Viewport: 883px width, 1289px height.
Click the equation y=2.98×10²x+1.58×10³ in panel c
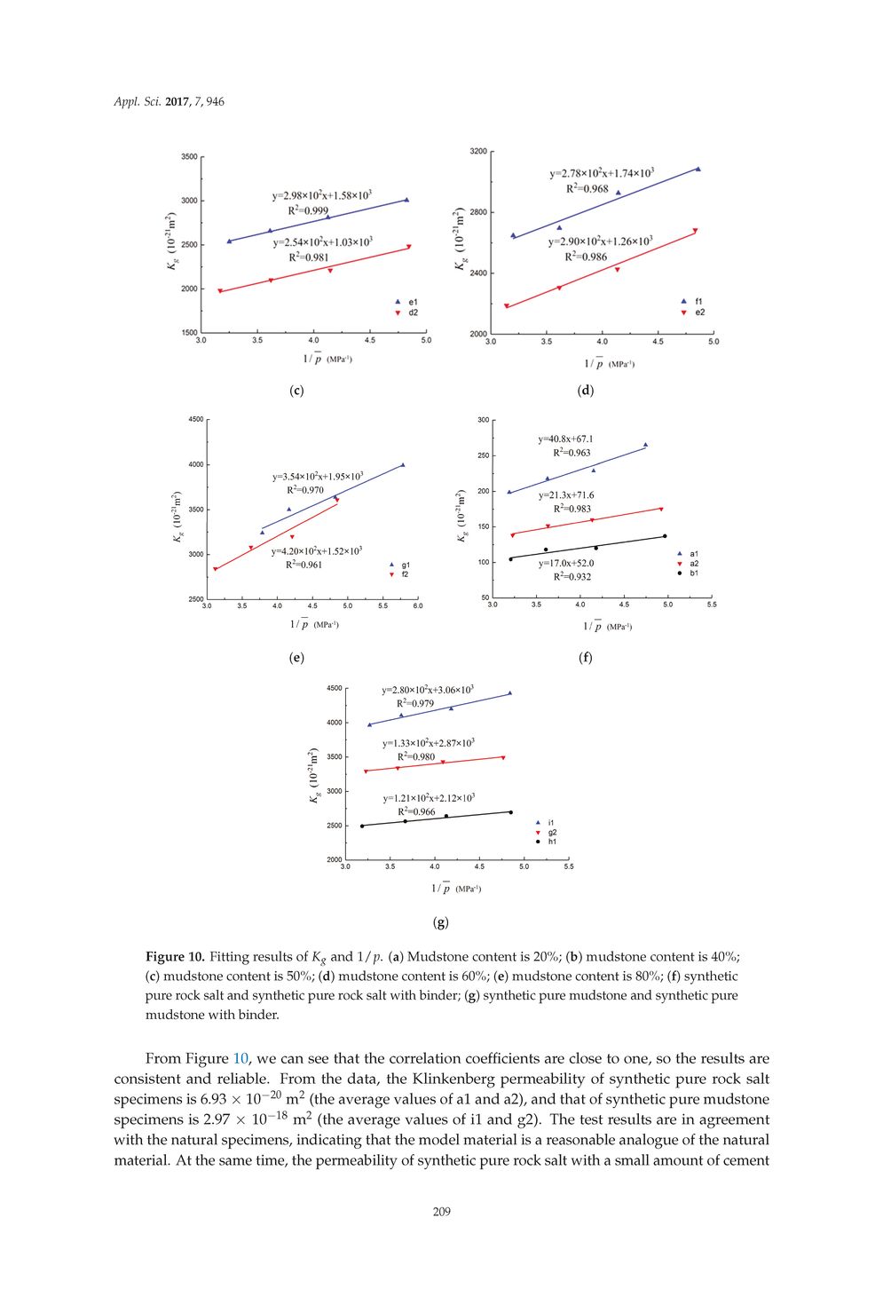click(321, 195)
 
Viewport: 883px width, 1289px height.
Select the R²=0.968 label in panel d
click(587, 188)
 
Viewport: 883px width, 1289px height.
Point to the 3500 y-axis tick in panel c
click(189, 157)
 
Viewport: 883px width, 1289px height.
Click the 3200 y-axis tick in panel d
click(478, 152)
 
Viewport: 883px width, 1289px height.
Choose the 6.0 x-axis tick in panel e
click(417, 606)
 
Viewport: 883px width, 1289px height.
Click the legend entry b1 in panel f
click(693, 573)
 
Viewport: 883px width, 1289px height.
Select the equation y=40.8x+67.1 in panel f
click(565, 439)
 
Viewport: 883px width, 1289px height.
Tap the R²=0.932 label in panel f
click(572, 577)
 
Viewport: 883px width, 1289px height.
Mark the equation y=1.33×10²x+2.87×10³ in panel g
click(428, 743)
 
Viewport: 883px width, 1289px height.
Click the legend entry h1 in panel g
click(551, 842)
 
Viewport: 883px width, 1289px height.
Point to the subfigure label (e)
click(296, 658)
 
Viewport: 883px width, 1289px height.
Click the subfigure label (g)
click(440, 922)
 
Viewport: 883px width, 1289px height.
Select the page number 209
click(441, 1212)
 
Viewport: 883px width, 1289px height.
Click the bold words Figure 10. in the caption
click(175, 957)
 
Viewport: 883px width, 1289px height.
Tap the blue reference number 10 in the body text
click(240, 1059)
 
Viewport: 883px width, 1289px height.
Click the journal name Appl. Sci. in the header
click(138, 102)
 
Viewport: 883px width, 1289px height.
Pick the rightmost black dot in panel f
click(665, 536)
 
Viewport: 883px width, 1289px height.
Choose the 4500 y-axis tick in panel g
click(334, 688)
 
